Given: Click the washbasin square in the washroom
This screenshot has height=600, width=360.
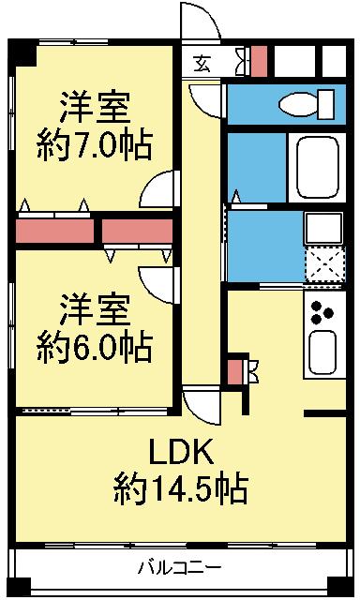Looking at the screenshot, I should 323,229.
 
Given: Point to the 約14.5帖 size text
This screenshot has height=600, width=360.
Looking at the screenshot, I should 180,489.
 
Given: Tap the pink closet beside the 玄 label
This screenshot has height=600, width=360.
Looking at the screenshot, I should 260,61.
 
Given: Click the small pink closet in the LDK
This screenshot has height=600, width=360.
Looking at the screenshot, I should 234,371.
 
